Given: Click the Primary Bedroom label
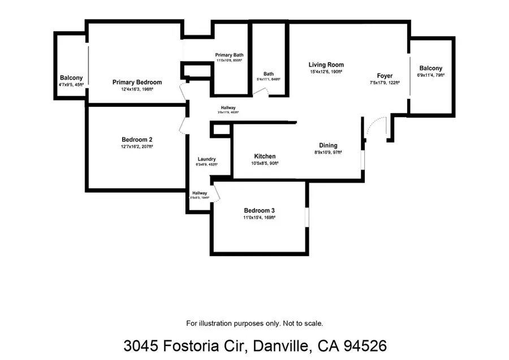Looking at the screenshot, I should click(x=137, y=83).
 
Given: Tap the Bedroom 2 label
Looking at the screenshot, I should click(x=137, y=140).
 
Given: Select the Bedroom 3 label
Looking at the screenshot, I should click(x=259, y=210).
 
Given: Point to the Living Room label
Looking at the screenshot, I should click(x=326, y=65).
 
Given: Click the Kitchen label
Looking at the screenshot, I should click(x=265, y=157).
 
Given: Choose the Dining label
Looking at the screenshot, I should click(x=328, y=145).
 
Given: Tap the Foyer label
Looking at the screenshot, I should click(x=385, y=76).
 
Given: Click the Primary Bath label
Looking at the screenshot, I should click(x=229, y=55).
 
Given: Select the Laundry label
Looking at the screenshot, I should click(x=206, y=159).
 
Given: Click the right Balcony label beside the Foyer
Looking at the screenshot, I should click(x=430, y=68).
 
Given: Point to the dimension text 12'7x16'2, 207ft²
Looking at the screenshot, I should click(x=137, y=146).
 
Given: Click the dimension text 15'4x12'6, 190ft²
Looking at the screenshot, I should click(x=326, y=72).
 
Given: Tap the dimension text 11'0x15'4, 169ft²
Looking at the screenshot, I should click(x=259, y=217).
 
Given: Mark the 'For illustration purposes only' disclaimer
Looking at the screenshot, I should click(x=255, y=323).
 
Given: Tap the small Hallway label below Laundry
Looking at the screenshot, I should click(x=199, y=193).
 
